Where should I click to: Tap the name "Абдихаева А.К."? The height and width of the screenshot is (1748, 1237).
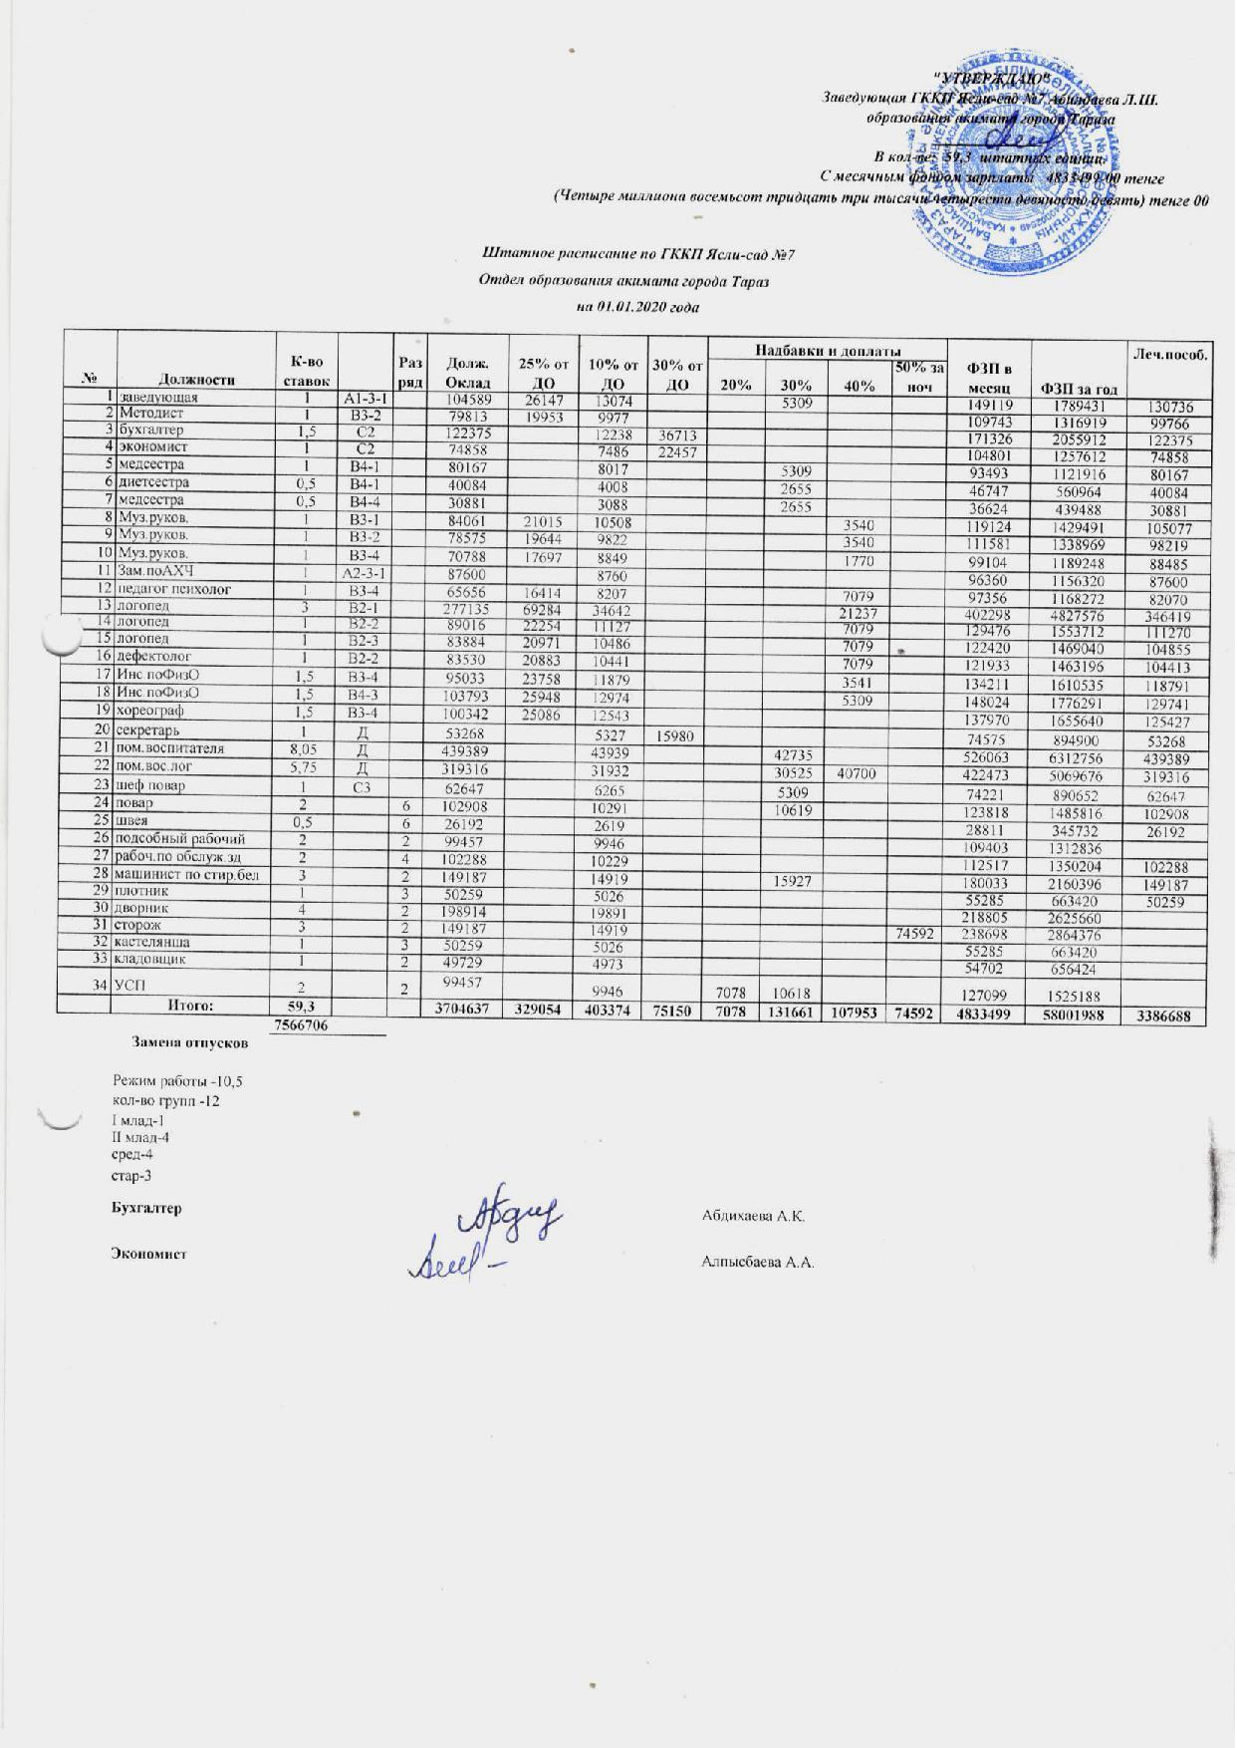(x=753, y=1216)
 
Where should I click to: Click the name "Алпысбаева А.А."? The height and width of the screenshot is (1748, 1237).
(x=758, y=1263)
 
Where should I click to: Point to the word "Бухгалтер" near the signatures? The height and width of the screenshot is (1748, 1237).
(x=147, y=1208)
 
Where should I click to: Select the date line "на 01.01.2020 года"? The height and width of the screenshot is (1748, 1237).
(x=637, y=306)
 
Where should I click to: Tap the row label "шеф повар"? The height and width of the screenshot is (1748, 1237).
(x=148, y=784)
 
